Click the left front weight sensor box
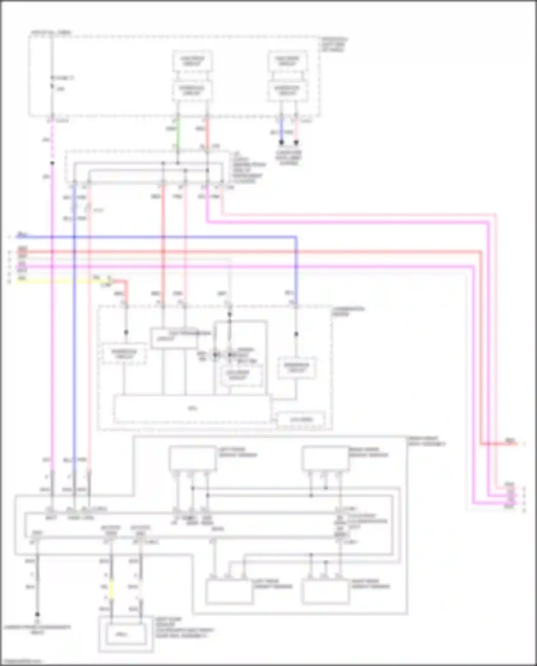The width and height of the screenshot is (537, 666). tap(193, 458)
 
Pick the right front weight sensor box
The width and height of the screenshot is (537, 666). tap(325, 458)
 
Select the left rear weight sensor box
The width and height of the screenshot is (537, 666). tap(229, 592)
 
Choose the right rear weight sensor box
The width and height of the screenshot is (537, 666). tap(325, 592)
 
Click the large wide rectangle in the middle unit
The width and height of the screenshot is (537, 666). tap(192, 409)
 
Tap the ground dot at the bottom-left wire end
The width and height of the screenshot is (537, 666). tap(37, 614)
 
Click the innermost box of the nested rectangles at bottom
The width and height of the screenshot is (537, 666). tap(123, 634)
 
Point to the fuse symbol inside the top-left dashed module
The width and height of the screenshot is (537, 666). tap(52, 82)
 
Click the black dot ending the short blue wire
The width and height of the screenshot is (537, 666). tap(282, 142)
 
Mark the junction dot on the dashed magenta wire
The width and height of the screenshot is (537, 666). tap(52, 163)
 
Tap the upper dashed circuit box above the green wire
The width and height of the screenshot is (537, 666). tap(192, 61)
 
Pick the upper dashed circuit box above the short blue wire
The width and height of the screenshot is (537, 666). tap(287, 61)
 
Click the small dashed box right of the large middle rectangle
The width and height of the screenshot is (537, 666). tap(301, 419)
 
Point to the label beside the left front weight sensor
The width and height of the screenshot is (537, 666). tap(238, 452)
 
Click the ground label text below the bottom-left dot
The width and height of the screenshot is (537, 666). tap(37, 629)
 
